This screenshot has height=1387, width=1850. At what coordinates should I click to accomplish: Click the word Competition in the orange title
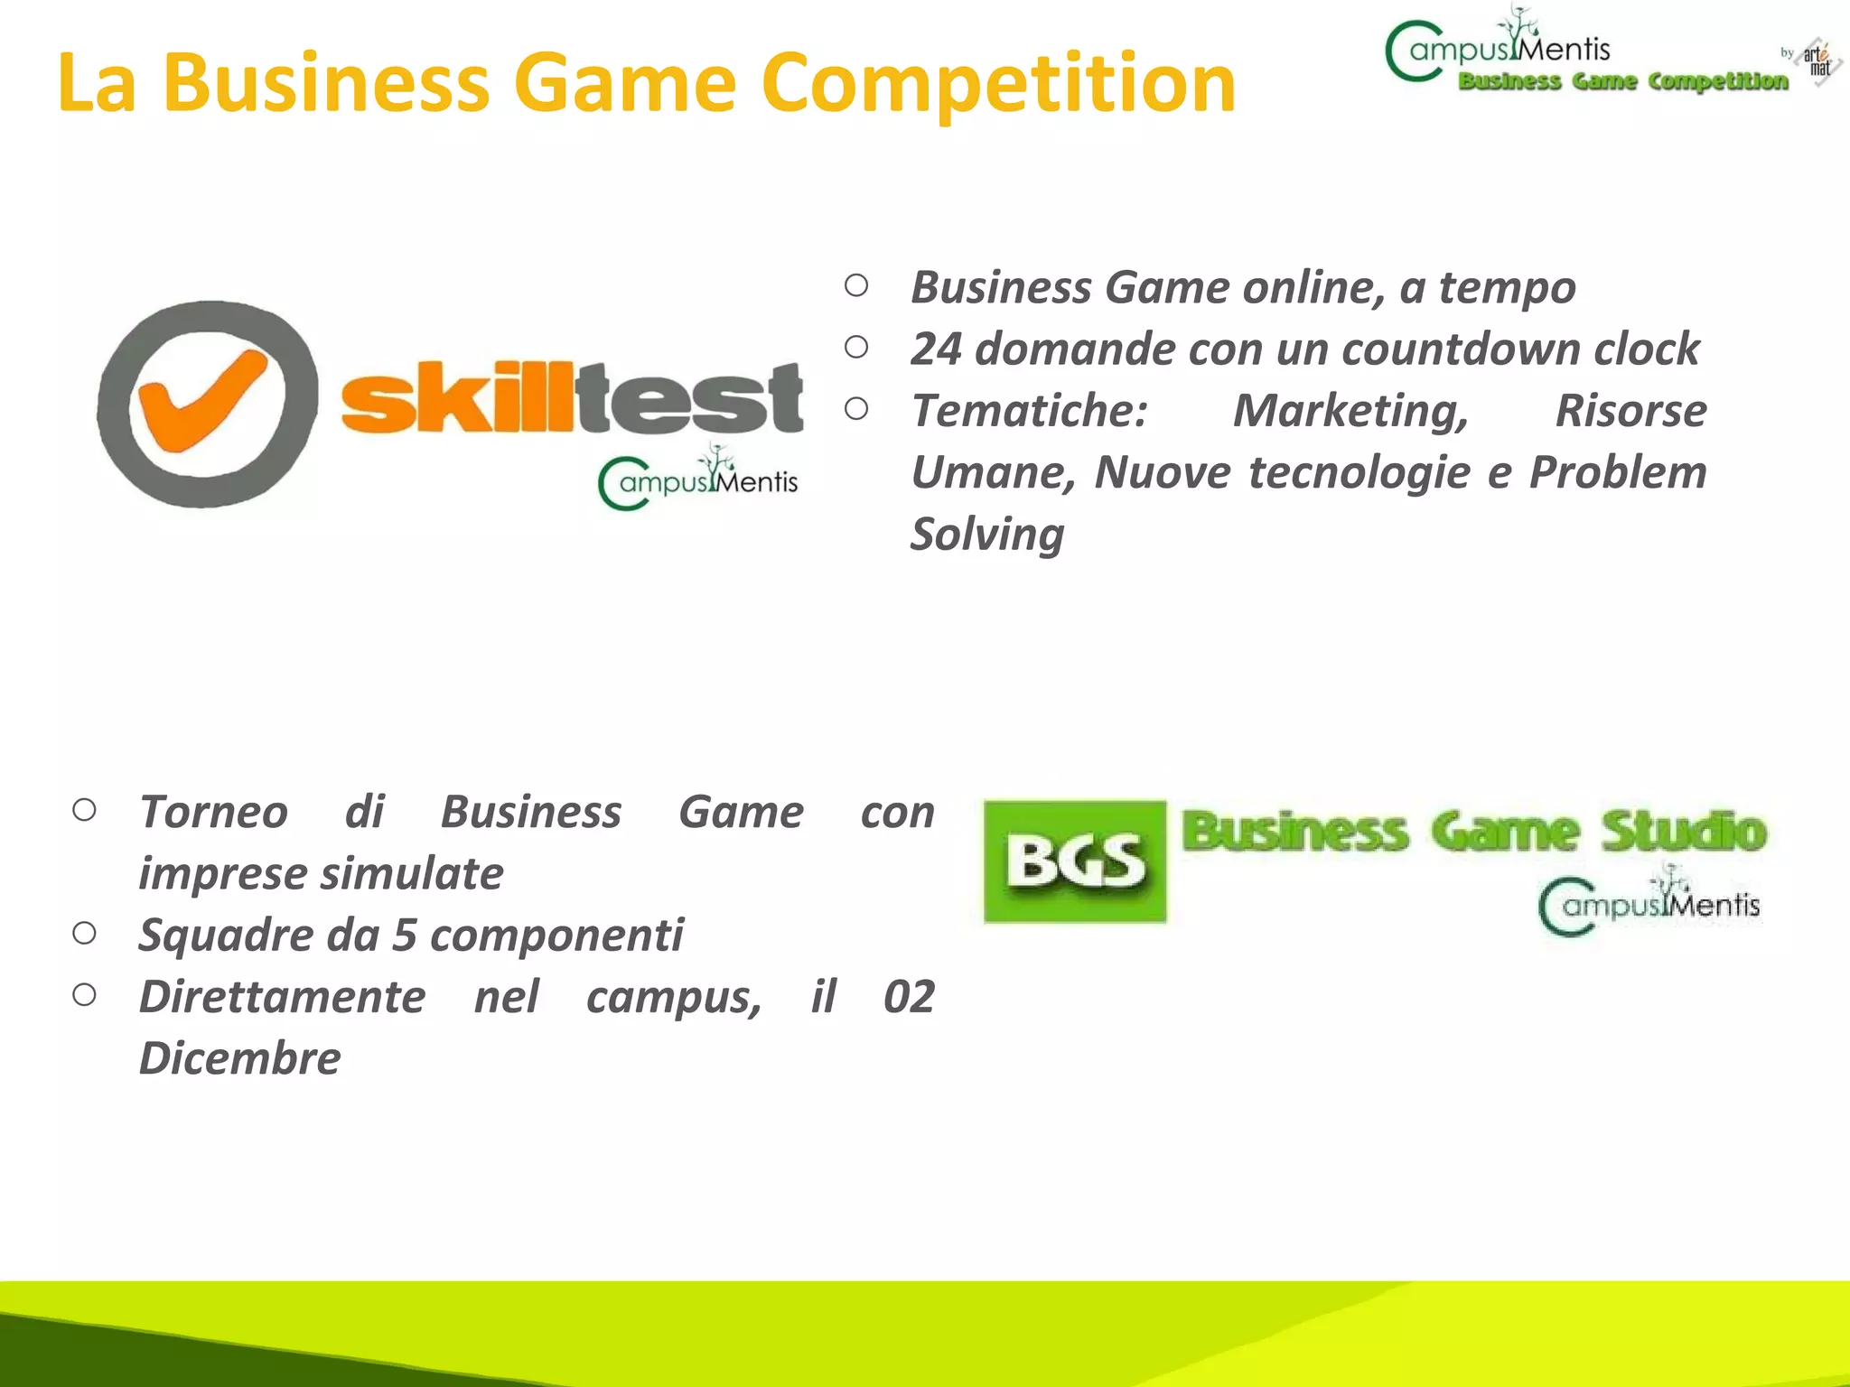point(998,84)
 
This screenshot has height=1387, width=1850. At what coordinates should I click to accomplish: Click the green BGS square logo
point(1074,861)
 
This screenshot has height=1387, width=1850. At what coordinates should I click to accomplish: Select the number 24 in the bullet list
point(936,349)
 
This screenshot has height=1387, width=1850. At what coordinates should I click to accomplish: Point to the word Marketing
point(1351,412)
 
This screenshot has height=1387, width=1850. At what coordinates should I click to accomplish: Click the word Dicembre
point(240,1058)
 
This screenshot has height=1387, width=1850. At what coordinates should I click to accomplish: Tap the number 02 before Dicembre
point(908,997)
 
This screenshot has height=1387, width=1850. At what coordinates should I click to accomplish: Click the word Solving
point(987,535)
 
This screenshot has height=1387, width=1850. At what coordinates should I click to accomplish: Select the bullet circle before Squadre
point(84,933)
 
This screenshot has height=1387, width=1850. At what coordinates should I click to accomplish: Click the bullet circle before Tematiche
point(856,409)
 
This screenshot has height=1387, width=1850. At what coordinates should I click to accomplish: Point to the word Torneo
point(213,812)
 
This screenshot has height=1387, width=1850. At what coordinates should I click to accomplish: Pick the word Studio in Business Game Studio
point(1683,832)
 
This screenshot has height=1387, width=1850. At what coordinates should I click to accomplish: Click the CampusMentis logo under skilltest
point(698,479)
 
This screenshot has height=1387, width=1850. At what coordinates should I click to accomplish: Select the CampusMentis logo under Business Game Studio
point(1649,903)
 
